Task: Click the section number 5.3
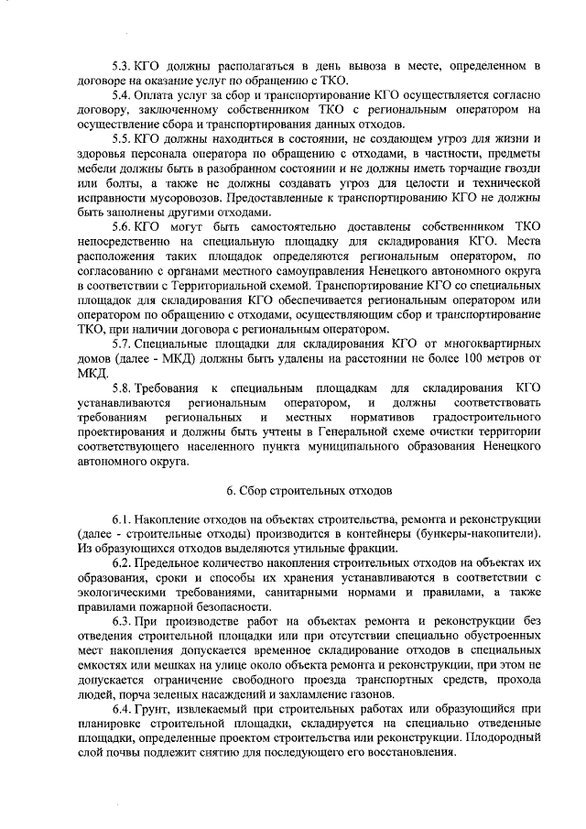(x=120, y=67)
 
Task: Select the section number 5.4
(x=120, y=96)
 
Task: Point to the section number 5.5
(x=120, y=139)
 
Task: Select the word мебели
(x=99, y=168)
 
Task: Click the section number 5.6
(x=120, y=226)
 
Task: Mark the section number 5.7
(x=120, y=343)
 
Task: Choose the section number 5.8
(x=120, y=388)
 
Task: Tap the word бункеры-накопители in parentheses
(x=477, y=533)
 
